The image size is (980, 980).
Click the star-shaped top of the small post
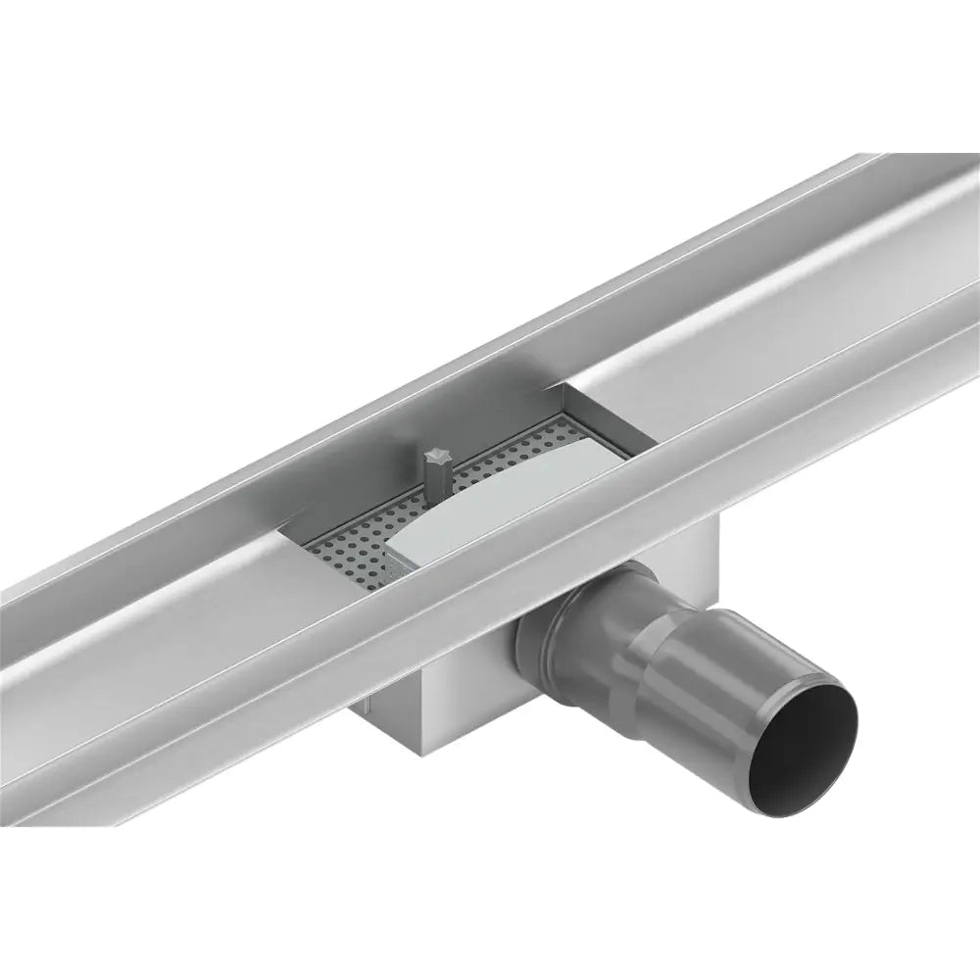pos(433,455)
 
